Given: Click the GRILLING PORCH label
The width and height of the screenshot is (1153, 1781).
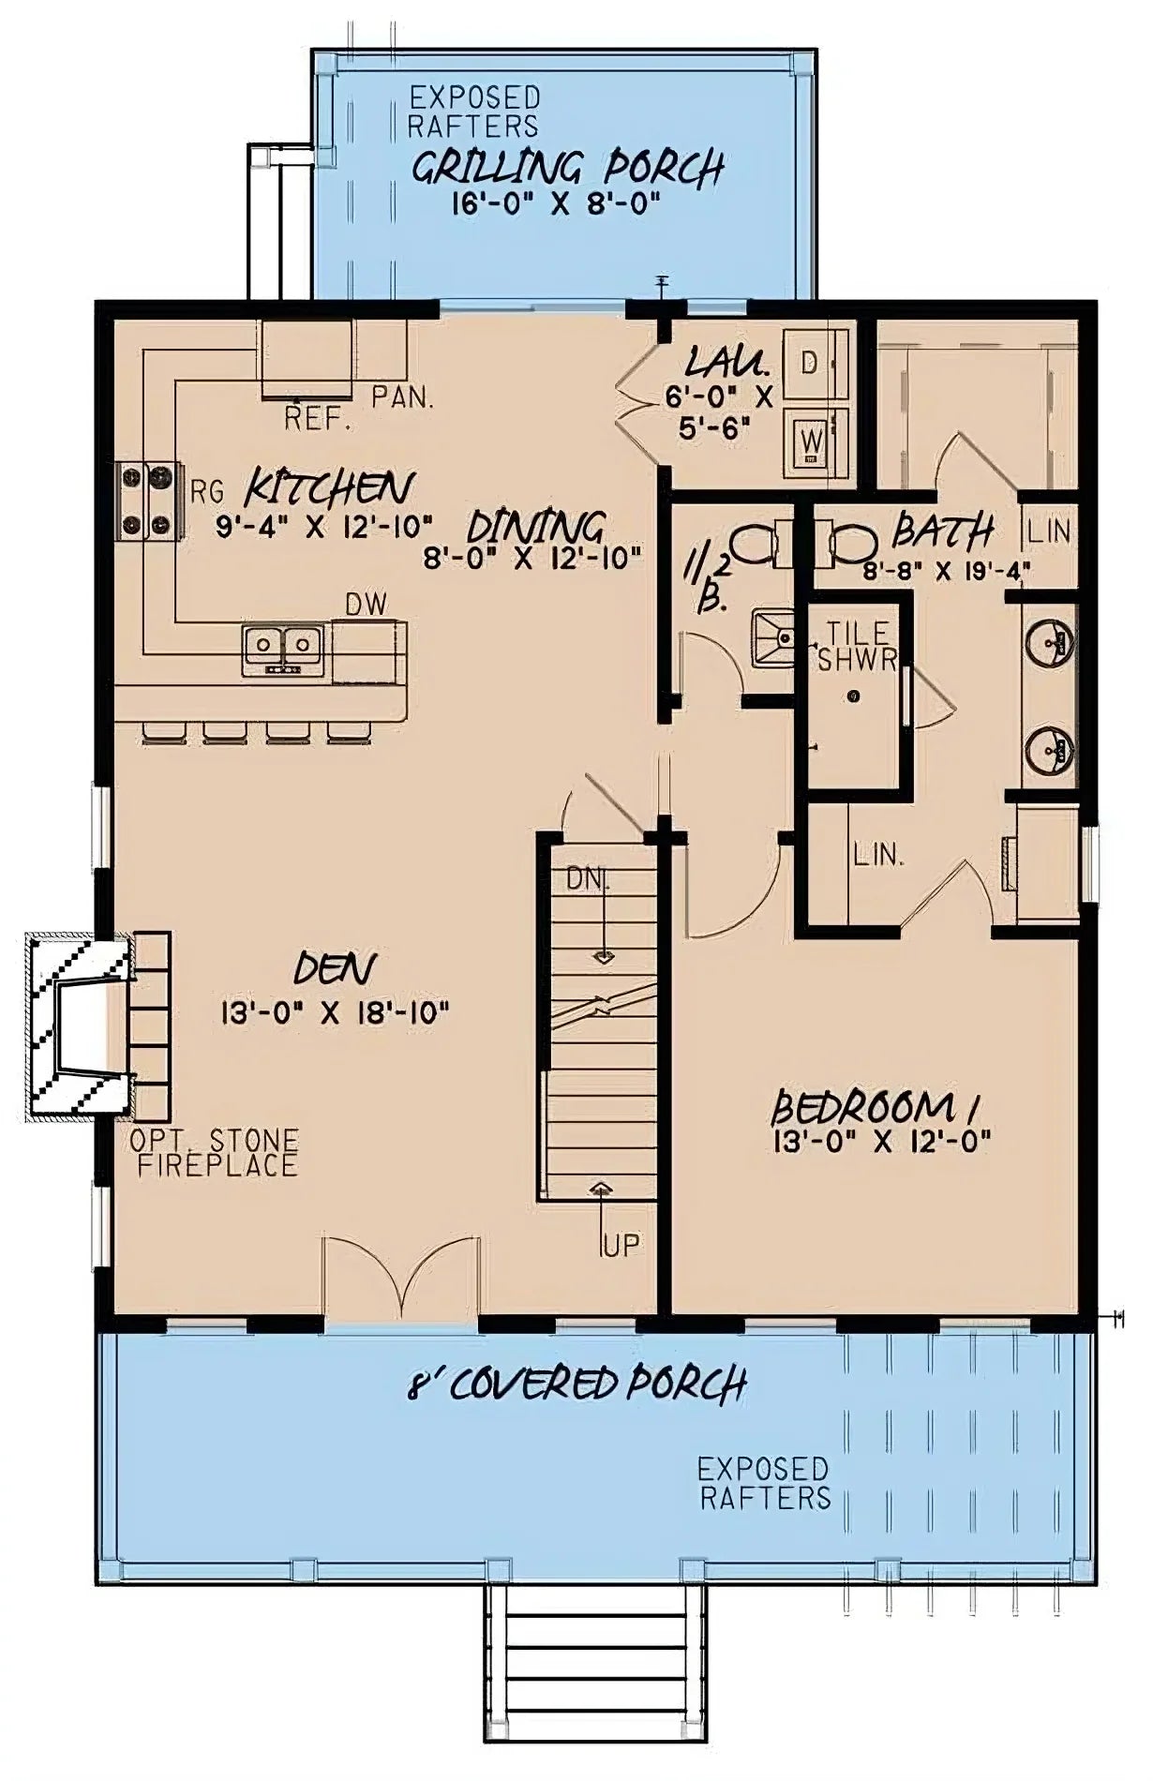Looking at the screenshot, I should pos(568,169).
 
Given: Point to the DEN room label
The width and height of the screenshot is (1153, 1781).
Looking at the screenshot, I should pos(335,968).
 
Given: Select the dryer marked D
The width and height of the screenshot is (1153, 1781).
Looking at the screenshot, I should pos(812,361).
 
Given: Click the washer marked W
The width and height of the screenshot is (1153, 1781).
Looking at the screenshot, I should pos(812,438).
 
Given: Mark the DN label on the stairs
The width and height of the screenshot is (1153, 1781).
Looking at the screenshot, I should pos(588,880).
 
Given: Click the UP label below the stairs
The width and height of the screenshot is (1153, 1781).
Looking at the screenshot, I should pos(621,1245).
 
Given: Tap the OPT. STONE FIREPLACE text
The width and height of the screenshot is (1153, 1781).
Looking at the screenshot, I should pos(216,1153).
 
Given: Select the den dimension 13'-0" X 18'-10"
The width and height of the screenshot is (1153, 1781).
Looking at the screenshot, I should pos(335,1012).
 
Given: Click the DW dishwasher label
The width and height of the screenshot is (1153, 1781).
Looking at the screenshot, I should pos(366,606).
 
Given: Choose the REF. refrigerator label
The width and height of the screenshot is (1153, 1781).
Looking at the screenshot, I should pos(318,418).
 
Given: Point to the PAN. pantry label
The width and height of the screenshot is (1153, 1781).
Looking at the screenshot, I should pos(403,397).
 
